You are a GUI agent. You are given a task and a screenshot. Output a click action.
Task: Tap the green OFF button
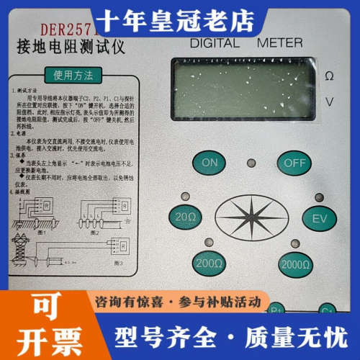294,162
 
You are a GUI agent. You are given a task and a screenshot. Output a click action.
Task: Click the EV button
315,218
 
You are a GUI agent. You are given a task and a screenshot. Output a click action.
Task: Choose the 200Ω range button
209,264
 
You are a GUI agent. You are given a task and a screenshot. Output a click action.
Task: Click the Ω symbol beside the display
330,76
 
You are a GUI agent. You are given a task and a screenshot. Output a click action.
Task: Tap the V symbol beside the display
330,102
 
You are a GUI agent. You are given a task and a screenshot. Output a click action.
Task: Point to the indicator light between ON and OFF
251,162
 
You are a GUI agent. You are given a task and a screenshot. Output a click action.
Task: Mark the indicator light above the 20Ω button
186,196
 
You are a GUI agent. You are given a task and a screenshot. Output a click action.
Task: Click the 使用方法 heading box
68,73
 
